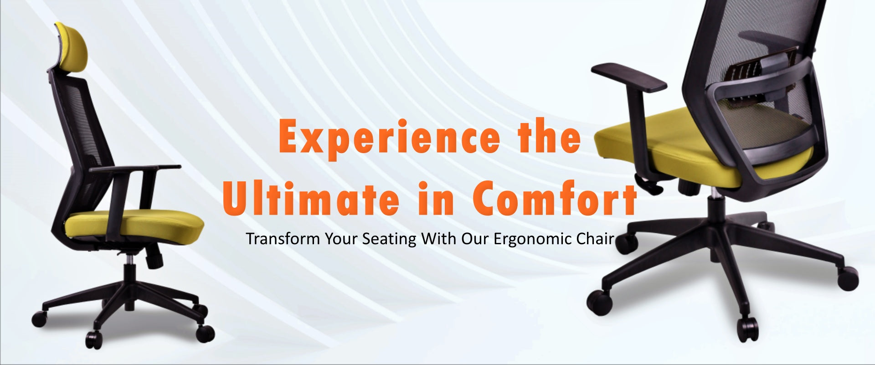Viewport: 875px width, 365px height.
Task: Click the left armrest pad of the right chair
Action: [629, 76]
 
